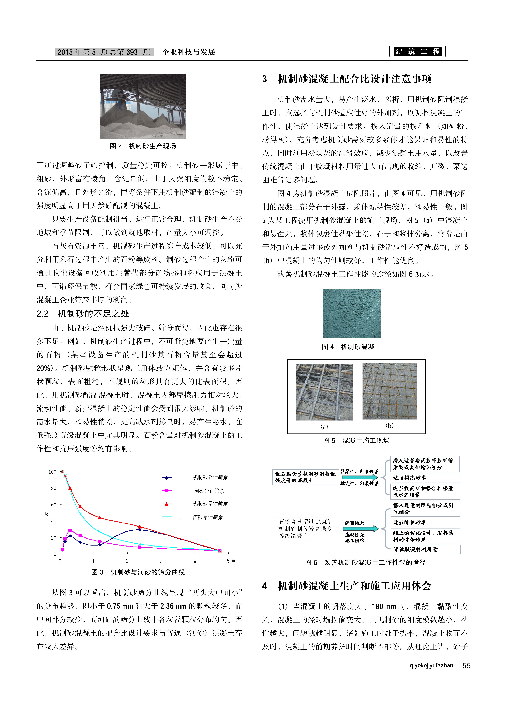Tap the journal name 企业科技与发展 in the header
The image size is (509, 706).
(x=189, y=52)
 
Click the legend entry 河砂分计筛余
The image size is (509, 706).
(x=209, y=491)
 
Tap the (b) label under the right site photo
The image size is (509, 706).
(x=389, y=426)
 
